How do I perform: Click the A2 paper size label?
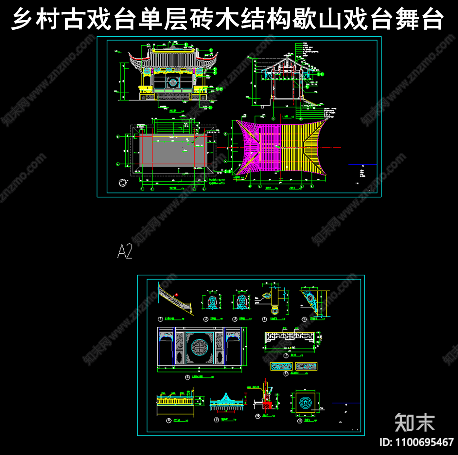125,251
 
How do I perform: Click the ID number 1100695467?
416,443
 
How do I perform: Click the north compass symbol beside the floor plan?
122,182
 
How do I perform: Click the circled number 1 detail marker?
160,319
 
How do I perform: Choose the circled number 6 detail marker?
187,377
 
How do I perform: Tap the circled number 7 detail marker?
286,355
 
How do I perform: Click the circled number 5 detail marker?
304,319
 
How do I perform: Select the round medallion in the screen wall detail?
199,347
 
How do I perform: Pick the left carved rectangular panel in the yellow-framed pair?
281,366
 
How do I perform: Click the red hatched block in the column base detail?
267,405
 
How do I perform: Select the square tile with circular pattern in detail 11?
305,402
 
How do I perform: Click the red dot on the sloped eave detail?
177,295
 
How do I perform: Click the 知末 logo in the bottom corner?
414,423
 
